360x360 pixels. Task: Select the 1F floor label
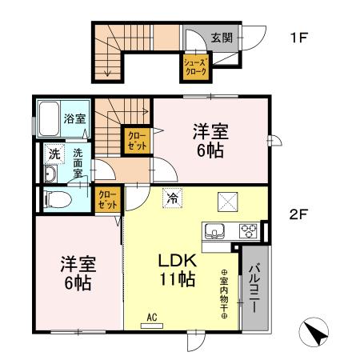point(298,37)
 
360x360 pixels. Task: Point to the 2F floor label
point(298,214)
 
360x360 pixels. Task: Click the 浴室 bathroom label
point(75,118)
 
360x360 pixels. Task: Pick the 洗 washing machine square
point(54,153)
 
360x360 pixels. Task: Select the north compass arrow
point(316,333)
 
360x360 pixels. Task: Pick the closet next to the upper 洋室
point(136,141)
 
